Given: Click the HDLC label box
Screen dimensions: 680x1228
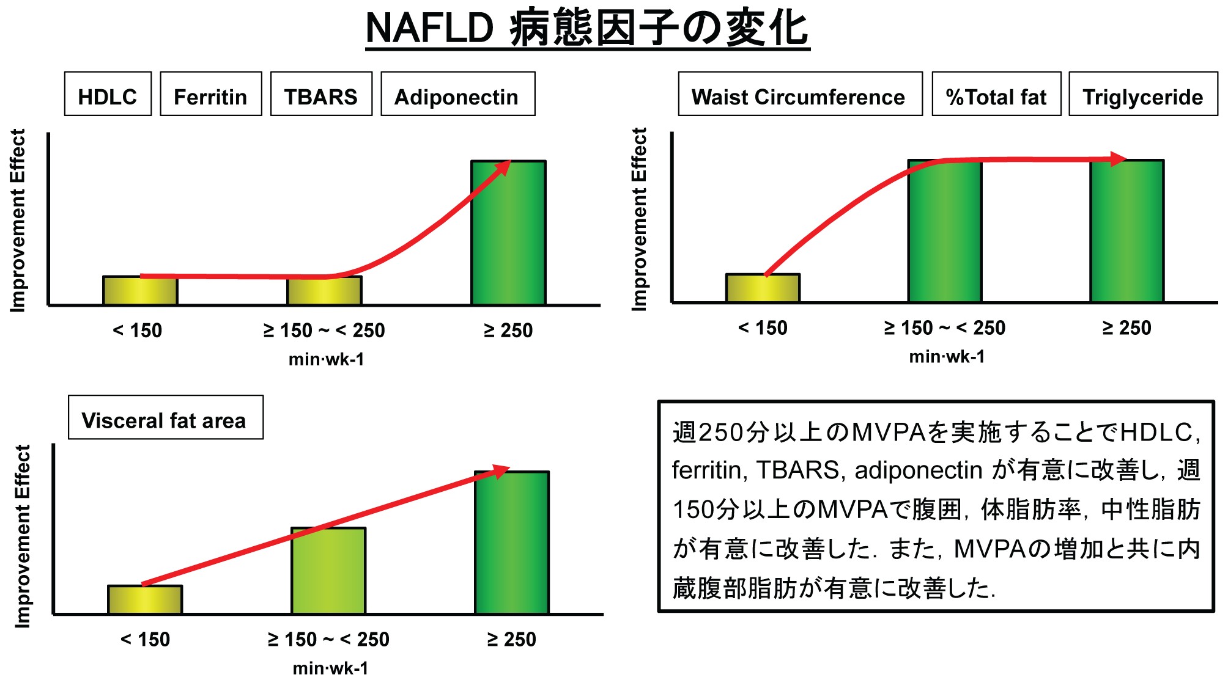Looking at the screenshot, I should (x=108, y=94).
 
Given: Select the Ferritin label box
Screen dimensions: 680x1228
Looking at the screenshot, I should (x=211, y=94).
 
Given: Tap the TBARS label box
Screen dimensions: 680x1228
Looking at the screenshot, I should (x=321, y=94).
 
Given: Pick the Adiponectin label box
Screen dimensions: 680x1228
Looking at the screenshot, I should (x=457, y=94).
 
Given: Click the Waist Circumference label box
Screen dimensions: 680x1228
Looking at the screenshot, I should (x=800, y=94).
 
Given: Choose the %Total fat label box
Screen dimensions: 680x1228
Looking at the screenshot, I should (x=996, y=94).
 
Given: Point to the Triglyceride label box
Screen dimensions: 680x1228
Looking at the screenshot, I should (x=1143, y=94).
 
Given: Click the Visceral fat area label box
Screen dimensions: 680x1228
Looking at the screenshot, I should (x=165, y=418).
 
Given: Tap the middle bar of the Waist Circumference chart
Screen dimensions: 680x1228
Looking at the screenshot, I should (x=945, y=232).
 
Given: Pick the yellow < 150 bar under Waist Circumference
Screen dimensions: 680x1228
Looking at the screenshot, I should (x=763, y=289).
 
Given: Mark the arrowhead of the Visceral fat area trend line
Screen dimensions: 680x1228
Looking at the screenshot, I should (x=501, y=471).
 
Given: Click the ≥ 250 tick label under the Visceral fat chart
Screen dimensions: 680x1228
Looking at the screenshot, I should (x=511, y=640).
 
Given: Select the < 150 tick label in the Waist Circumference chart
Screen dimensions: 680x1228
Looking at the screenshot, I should (x=763, y=328).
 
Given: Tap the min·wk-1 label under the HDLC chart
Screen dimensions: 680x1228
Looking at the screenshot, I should (x=327, y=359).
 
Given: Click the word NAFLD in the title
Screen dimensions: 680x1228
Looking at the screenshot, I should (x=429, y=28).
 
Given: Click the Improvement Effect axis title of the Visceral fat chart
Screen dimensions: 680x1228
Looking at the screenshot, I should (x=23, y=536).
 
